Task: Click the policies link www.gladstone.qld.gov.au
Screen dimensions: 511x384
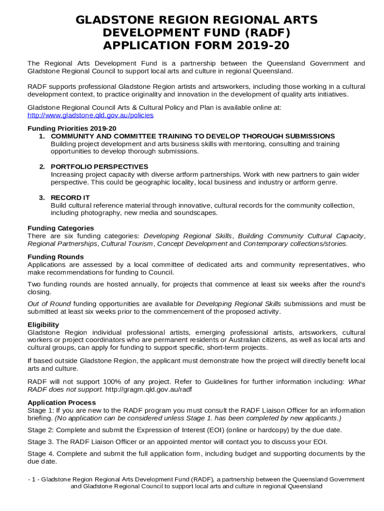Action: click(x=90, y=115)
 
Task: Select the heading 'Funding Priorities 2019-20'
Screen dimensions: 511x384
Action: click(x=72, y=128)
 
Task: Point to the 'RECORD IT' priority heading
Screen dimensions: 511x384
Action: click(x=70, y=198)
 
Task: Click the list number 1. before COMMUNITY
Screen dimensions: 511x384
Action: click(x=42, y=136)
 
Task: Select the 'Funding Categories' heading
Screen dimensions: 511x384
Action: click(x=60, y=228)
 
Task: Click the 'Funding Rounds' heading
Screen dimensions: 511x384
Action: click(x=55, y=257)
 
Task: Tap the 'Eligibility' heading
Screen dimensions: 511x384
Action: click(x=43, y=325)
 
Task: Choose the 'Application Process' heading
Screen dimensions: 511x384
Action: click(x=61, y=403)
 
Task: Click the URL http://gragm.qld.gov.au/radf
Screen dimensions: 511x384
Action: click(x=149, y=389)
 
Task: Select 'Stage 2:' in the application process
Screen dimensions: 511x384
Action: click(x=40, y=430)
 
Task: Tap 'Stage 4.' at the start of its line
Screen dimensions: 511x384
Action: click(x=40, y=454)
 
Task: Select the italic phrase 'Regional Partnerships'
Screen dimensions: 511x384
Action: click(x=62, y=244)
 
